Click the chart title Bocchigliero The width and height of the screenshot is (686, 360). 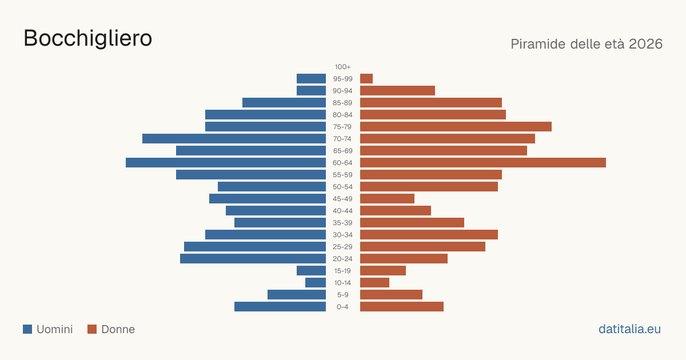click(x=87, y=38)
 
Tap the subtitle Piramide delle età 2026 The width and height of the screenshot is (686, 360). click(x=587, y=44)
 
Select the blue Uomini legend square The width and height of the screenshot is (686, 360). click(x=27, y=329)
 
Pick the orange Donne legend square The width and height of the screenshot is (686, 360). click(x=92, y=329)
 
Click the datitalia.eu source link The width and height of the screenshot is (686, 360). click(x=629, y=329)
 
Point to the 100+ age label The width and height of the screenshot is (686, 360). click(x=342, y=67)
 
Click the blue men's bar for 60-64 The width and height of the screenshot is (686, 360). click(x=226, y=162)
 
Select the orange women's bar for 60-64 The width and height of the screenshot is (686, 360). click(x=483, y=162)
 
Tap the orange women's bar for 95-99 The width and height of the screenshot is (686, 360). click(x=366, y=79)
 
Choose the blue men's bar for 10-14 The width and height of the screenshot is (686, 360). click(x=316, y=282)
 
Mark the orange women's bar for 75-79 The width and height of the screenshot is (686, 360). click(x=456, y=127)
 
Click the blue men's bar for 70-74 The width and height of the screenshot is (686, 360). click(x=234, y=139)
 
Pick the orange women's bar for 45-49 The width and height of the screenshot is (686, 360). click(x=387, y=199)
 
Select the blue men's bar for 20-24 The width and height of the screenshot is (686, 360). click(x=253, y=259)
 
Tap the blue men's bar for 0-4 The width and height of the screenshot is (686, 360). click(x=280, y=307)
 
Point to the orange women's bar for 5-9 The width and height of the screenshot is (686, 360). click(x=391, y=295)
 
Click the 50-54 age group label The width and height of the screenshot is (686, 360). click(x=342, y=187)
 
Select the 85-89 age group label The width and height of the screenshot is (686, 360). click(x=342, y=103)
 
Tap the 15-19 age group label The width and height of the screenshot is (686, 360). click(x=342, y=271)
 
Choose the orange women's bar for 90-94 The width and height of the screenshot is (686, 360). click(x=397, y=91)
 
